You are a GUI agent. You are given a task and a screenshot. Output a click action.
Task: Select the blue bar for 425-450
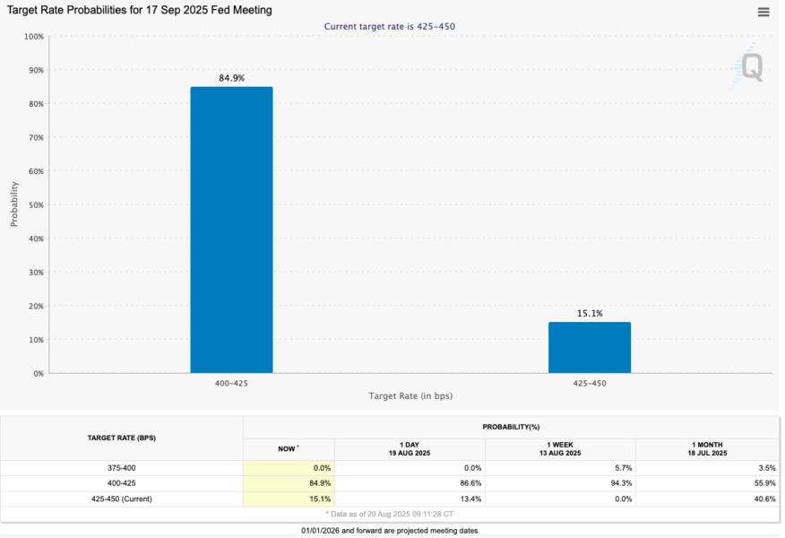pyautogui.click(x=589, y=347)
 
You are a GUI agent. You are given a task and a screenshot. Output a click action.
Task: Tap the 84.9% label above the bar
pyautogui.click(x=231, y=78)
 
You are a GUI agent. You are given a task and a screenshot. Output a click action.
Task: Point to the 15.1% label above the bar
pyautogui.click(x=589, y=314)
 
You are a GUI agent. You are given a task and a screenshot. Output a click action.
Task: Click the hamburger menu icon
pyautogui.click(x=763, y=13)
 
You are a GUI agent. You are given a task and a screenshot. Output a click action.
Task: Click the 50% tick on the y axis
pyautogui.click(x=34, y=204)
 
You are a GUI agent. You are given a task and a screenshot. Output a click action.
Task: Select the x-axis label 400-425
pyautogui.click(x=231, y=383)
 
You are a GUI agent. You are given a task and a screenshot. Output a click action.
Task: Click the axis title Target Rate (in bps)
pyautogui.click(x=410, y=395)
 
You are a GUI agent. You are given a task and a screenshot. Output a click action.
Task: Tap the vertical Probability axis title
pyautogui.click(x=14, y=204)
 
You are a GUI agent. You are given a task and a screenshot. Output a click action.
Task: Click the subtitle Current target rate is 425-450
pyautogui.click(x=389, y=27)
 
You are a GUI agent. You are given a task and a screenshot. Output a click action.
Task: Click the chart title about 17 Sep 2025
pyautogui.click(x=140, y=10)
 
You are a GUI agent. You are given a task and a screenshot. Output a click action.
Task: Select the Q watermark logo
pyautogui.click(x=747, y=67)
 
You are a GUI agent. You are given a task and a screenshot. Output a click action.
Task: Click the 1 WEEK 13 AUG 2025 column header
pyautogui.click(x=560, y=449)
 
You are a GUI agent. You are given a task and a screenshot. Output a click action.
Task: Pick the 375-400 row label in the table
pyautogui.click(x=122, y=468)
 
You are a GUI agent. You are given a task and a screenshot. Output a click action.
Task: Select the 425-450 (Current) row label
pyautogui.click(x=122, y=499)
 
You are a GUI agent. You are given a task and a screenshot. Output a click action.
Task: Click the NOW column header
pyautogui.click(x=288, y=448)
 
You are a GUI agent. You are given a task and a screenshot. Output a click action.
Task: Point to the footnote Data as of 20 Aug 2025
pyautogui.click(x=389, y=514)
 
